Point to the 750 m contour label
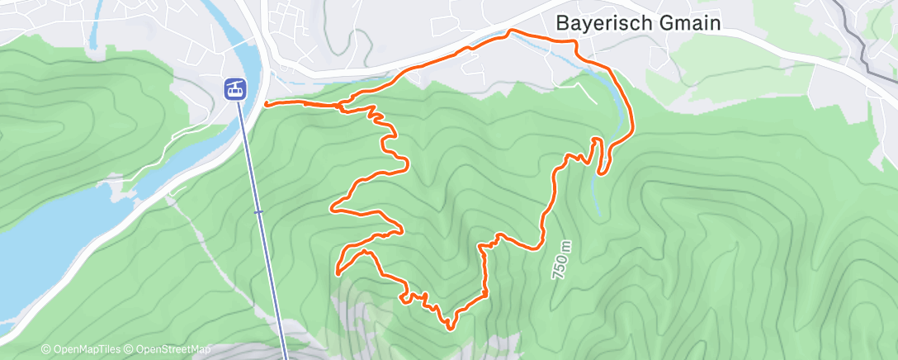coord(560,258)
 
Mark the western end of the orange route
coord(266,103)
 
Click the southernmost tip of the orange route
coord(450,329)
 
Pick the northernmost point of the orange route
coord(512,31)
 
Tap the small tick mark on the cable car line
coord(258,212)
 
